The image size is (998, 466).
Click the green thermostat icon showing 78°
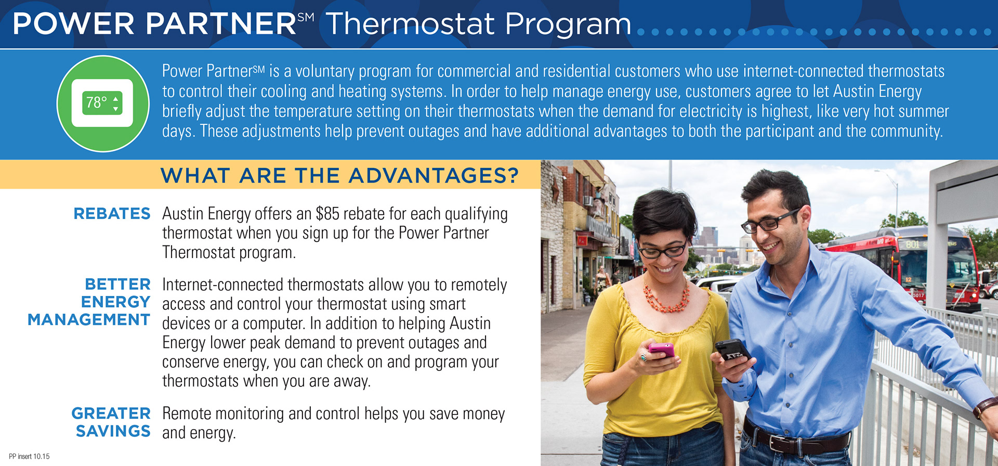(x=103, y=103)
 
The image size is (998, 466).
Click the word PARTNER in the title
(x=221, y=24)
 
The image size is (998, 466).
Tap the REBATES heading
(x=112, y=214)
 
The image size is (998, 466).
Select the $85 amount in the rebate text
(x=327, y=214)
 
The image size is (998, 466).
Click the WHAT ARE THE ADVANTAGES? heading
(x=339, y=175)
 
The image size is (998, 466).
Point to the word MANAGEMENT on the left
(x=89, y=320)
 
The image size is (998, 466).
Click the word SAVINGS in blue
(x=113, y=431)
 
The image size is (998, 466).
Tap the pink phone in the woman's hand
(x=661, y=350)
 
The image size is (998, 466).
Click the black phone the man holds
(x=733, y=351)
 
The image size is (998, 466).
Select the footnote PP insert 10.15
(x=29, y=457)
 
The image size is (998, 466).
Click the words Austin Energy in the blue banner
(x=877, y=92)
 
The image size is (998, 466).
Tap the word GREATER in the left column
(x=111, y=413)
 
